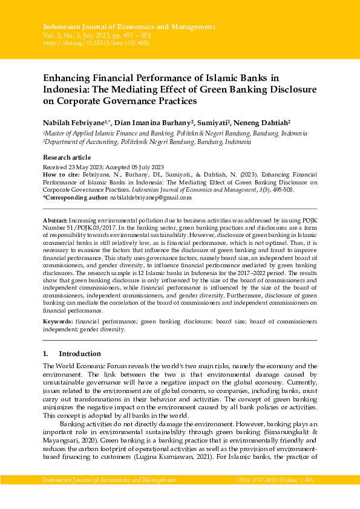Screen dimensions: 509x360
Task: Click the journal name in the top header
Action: [129, 27]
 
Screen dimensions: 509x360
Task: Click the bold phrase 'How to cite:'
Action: [61, 174]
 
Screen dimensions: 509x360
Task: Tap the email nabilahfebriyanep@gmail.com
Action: [151, 198]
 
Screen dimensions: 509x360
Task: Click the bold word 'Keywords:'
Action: [58, 323]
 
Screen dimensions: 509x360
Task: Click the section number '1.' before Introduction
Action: [45, 354]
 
